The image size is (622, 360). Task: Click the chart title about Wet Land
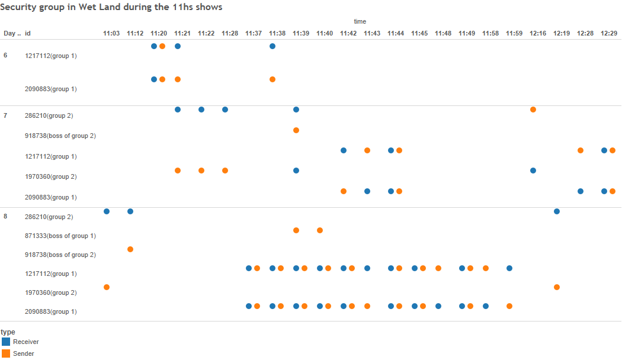pyautogui.click(x=112, y=7)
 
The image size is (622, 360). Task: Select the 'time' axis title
pyautogui.click(x=360, y=21)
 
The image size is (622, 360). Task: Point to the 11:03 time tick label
pyautogui.click(x=111, y=33)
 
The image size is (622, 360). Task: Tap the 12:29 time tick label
pyautogui.click(x=609, y=33)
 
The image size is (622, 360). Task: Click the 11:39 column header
pyautogui.click(x=301, y=33)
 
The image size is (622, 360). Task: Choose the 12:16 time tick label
pyautogui.click(x=538, y=33)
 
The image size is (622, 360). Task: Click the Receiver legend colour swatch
pyautogui.click(x=6, y=342)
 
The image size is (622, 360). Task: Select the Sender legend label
pyautogui.click(x=23, y=353)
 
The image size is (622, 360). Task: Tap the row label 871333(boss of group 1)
pyautogui.click(x=60, y=236)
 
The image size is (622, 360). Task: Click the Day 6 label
pyautogui.click(x=5, y=55)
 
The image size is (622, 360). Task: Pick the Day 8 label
pyautogui.click(x=5, y=216)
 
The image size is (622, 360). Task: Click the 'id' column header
pyautogui.click(x=28, y=33)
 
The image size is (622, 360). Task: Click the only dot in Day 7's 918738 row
pyautogui.click(x=296, y=130)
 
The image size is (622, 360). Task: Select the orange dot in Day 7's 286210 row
pyautogui.click(x=533, y=110)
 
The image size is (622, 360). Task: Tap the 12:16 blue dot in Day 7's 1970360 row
pyautogui.click(x=533, y=171)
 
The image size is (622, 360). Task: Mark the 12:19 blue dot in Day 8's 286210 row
pyautogui.click(x=557, y=211)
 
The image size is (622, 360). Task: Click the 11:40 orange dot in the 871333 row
pyautogui.click(x=320, y=230)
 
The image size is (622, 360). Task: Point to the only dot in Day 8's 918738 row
pyautogui.click(x=130, y=249)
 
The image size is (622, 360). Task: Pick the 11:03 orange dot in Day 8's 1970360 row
pyautogui.click(x=107, y=287)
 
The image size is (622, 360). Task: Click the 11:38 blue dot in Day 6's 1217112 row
pyautogui.click(x=272, y=46)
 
